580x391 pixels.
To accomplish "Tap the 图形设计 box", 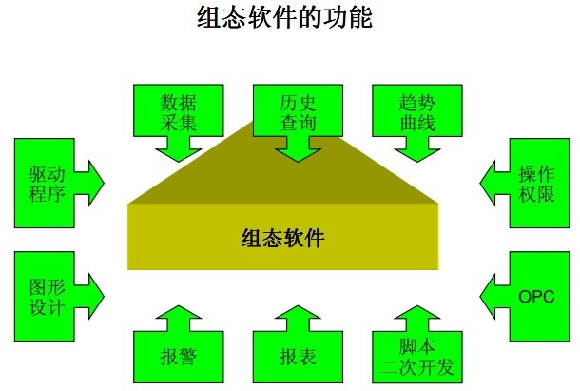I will point(46,295).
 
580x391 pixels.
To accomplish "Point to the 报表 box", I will point(297,357).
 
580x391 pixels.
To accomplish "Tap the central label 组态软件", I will point(282,237).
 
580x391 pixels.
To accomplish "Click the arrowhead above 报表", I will point(297,316).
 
